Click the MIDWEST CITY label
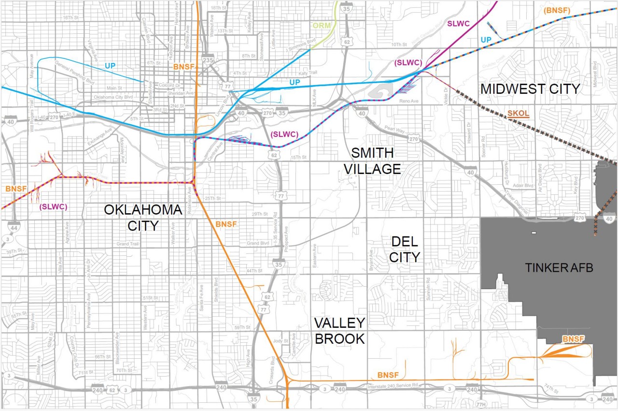[530, 89]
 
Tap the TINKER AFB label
[559, 268]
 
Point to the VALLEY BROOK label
[339, 331]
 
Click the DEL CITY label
[404, 250]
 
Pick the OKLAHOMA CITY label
[143, 218]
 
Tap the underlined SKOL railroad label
[518, 114]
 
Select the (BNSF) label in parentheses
[557, 11]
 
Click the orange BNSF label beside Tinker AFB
[573, 339]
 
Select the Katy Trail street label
[309, 73]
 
